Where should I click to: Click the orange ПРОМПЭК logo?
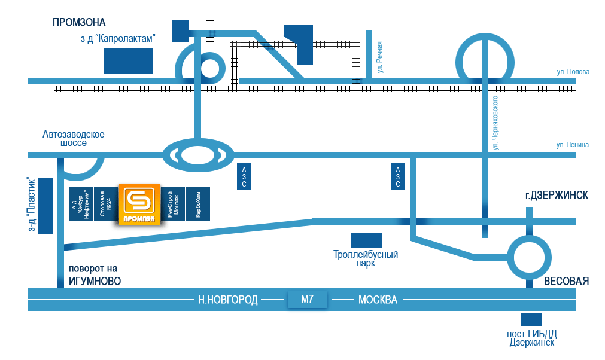139,204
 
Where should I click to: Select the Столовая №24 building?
106,204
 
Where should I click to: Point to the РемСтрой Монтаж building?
174,204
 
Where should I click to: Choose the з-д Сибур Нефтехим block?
81,204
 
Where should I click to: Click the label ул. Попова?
573,72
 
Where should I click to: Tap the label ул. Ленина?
573,145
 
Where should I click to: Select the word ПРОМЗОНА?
79,23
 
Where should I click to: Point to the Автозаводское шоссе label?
74,138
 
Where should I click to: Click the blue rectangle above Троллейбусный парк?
366,240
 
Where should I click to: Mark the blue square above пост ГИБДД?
531,319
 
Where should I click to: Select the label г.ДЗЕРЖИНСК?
557,196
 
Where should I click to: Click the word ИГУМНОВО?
95,281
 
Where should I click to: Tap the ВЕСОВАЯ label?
567,281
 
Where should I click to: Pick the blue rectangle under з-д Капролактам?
127,60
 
